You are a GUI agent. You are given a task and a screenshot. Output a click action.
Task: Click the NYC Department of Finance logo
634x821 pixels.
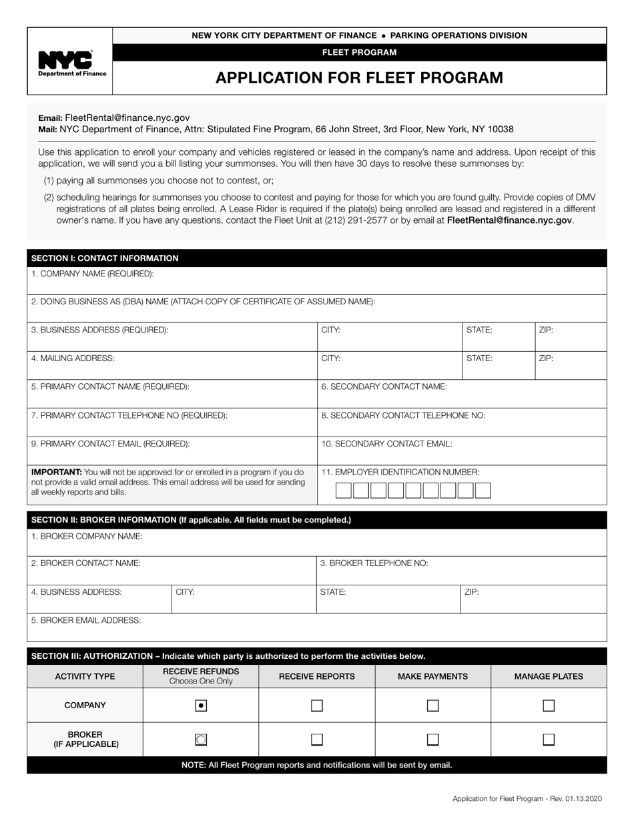pos(69,63)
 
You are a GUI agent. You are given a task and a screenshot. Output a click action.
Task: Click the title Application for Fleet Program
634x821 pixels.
pos(359,78)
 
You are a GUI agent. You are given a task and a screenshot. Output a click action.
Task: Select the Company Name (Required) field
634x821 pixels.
pos(316,285)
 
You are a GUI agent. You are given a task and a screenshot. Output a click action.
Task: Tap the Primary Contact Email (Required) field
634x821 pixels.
pos(172,456)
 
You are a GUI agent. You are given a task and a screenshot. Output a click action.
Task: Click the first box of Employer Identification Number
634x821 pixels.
pos(343,491)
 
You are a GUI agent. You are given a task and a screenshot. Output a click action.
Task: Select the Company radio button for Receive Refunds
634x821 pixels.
pos(201,705)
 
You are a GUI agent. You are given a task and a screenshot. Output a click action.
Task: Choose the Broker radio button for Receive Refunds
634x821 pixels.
pos(201,740)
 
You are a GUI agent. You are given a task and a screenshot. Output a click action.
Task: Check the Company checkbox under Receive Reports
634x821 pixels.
pos(317,705)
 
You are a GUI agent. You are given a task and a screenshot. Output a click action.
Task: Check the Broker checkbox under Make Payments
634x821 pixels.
pos(433,740)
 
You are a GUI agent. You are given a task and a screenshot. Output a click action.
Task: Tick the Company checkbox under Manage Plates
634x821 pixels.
pos(549,705)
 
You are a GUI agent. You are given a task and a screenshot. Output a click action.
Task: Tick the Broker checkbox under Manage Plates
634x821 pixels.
pos(549,740)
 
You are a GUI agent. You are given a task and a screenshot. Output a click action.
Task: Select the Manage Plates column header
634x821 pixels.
pos(549,676)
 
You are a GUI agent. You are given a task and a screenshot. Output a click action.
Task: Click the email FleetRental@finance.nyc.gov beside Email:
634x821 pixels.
pos(127,117)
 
